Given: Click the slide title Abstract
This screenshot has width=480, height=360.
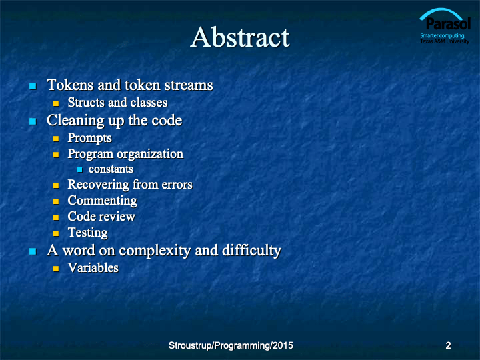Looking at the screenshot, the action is tap(240, 37).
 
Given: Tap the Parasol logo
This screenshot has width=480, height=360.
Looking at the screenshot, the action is tap(445, 26).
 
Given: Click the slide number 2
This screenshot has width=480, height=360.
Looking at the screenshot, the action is tap(448, 345).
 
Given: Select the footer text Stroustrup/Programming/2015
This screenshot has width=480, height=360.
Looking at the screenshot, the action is tap(231, 345).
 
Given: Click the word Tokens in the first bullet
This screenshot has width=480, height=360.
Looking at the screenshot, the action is tap(70, 85).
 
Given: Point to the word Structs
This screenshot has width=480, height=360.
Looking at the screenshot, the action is tap(86, 102).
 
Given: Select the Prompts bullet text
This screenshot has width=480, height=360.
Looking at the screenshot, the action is tap(90, 138).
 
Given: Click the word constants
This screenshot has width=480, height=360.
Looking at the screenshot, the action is tap(111, 169).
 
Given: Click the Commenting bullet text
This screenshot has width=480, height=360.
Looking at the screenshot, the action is tap(102, 201).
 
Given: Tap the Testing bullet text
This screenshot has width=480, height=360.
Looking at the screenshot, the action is tap(87, 233).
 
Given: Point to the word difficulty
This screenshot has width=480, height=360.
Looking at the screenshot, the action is tap(251, 251).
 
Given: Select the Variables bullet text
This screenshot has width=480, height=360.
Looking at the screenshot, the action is tap(93, 268).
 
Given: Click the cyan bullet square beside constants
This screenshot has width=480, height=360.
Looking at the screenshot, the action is tap(80, 169).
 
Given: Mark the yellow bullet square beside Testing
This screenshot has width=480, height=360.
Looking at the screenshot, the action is tap(56, 233).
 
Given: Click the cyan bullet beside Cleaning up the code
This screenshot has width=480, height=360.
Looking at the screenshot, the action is tap(33, 121).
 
